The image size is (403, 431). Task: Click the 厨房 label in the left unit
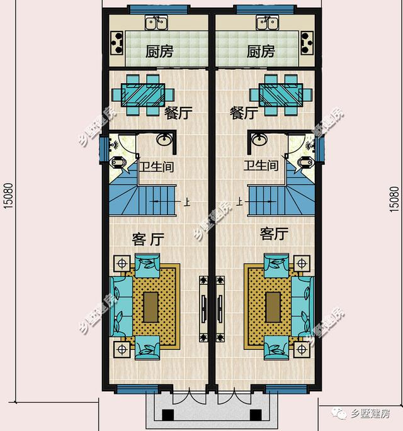(159, 52)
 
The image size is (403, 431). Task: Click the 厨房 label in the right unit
(261, 52)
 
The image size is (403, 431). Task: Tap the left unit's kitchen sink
(156, 23)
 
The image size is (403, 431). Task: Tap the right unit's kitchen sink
(268, 23)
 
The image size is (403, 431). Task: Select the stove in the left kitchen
(117, 43)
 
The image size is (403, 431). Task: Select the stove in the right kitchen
(307, 43)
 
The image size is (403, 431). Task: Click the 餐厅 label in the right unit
(244, 113)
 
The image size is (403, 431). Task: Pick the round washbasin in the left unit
(164, 139)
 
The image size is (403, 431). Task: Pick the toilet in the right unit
(305, 162)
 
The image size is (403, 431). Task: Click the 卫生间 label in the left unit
(156, 167)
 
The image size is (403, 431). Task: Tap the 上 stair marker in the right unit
(240, 203)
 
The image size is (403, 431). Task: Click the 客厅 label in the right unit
(274, 234)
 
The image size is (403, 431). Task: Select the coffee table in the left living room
(150, 307)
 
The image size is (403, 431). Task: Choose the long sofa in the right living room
(303, 306)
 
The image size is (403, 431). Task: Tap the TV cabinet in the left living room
(203, 309)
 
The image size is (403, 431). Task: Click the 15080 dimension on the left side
(8, 196)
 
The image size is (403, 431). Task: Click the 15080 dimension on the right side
(394, 199)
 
